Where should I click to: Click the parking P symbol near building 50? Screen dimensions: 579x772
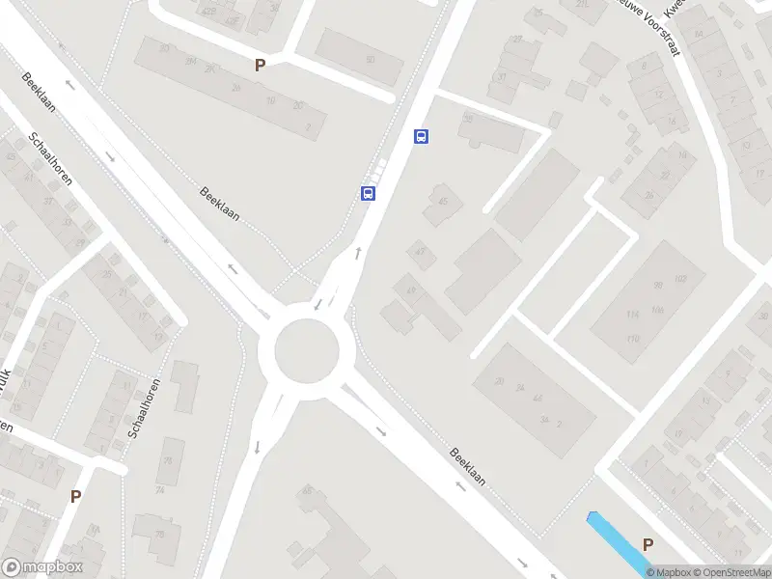pyautogui.click(x=259, y=66)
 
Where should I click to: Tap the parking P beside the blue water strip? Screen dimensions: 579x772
pyautogui.click(x=648, y=544)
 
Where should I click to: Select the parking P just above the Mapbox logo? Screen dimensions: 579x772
pyautogui.click(x=75, y=497)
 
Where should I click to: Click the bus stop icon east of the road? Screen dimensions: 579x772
pyautogui.click(x=421, y=136)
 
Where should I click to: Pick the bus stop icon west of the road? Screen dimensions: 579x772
pyautogui.click(x=368, y=193)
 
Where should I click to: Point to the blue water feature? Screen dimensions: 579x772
pyautogui.click(x=618, y=541)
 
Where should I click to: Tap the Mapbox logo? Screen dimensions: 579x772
pyautogui.click(x=42, y=567)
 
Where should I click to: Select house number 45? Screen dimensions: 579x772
pyautogui.click(x=443, y=201)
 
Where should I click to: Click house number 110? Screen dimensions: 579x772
pyautogui.click(x=633, y=339)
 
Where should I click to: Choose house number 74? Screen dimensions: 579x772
pyautogui.click(x=159, y=490)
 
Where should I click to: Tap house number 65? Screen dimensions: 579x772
pyautogui.click(x=308, y=491)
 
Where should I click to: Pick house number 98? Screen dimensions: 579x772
pyautogui.click(x=659, y=285)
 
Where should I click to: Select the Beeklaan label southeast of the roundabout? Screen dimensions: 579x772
pyautogui.click(x=468, y=465)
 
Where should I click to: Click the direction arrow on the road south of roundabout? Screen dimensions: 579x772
pyautogui.click(x=257, y=446)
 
